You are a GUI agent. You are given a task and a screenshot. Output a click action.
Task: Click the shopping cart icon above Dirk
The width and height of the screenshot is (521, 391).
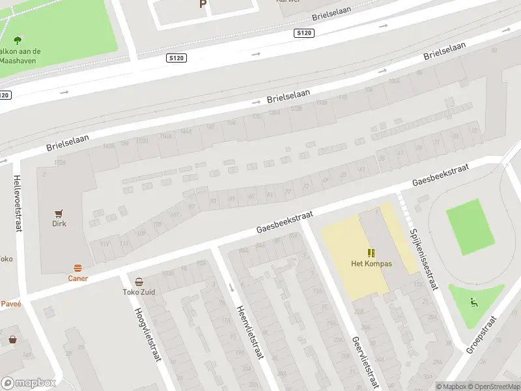[x=59, y=212]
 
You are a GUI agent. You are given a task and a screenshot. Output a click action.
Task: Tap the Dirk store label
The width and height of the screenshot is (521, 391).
[x=59, y=224]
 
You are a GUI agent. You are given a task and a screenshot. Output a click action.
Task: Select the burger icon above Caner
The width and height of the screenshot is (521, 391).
[x=78, y=268]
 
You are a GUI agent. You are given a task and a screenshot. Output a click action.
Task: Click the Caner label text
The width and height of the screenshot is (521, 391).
[x=78, y=278]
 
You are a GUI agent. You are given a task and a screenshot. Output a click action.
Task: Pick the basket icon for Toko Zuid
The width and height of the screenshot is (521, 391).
[x=139, y=282]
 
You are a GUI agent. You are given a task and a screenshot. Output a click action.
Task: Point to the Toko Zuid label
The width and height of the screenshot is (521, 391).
[x=139, y=293]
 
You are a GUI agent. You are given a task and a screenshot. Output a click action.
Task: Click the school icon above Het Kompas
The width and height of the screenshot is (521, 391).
[x=371, y=253]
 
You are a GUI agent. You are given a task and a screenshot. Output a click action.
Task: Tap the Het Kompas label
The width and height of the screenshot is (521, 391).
[x=371, y=264]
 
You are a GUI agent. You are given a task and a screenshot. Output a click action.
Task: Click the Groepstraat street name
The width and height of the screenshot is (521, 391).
[x=481, y=334]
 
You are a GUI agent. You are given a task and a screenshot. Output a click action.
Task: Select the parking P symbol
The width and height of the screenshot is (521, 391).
[x=203, y=4]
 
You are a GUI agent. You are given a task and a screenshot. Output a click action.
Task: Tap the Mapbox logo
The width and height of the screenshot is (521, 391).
[x=29, y=383]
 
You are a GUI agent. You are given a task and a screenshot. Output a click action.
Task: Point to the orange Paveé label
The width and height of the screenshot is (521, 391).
[x=10, y=304]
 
